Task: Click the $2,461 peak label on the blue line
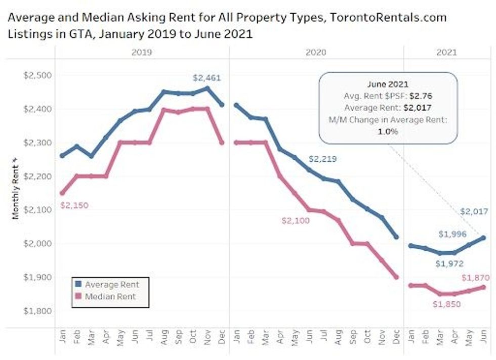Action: click(207, 78)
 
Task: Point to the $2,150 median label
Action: click(74, 206)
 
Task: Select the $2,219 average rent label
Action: click(323, 159)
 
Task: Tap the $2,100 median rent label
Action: click(296, 220)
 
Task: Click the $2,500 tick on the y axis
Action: click(37, 75)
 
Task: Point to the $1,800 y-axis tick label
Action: click(37, 310)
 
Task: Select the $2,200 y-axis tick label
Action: click(37, 176)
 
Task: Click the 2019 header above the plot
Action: click(142, 52)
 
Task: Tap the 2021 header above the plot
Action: click(445, 52)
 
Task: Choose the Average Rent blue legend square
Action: click(77, 284)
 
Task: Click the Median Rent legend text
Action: click(110, 296)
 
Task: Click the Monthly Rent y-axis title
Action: click(15, 188)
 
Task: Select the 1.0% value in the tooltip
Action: click(388, 131)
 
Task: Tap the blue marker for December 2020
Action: click(396, 237)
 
